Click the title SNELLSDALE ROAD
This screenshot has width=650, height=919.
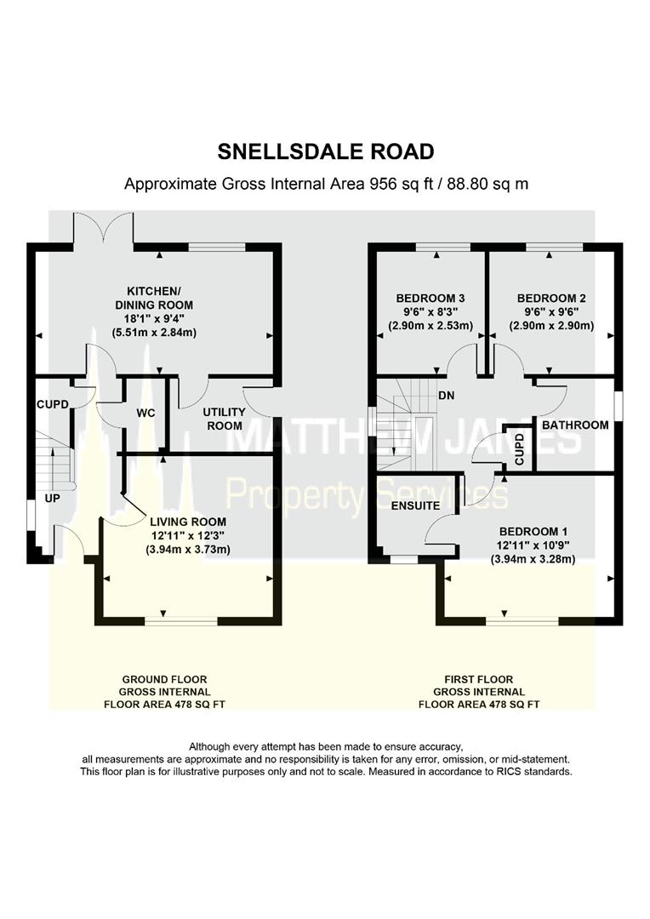[325, 151]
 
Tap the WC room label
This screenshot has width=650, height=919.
[146, 414]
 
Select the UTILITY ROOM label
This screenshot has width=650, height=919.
[225, 419]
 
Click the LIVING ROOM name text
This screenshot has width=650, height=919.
[188, 522]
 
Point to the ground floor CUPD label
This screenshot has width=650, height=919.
[53, 404]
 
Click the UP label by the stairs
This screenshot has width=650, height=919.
[52, 498]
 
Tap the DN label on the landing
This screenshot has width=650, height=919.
[447, 396]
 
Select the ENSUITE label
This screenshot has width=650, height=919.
[415, 505]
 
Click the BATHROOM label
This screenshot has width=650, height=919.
[575, 425]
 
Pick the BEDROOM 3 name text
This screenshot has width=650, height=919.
[430, 298]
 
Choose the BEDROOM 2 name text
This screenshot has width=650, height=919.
[551, 298]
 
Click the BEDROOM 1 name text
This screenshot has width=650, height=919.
[533, 532]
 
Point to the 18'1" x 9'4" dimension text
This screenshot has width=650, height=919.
[154, 319]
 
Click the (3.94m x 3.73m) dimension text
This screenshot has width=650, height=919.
[188, 550]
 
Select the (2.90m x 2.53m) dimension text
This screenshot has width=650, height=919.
[430, 326]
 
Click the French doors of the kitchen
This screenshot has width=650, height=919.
[105, 229]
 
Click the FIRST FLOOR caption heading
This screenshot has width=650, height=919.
[479, 679]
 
